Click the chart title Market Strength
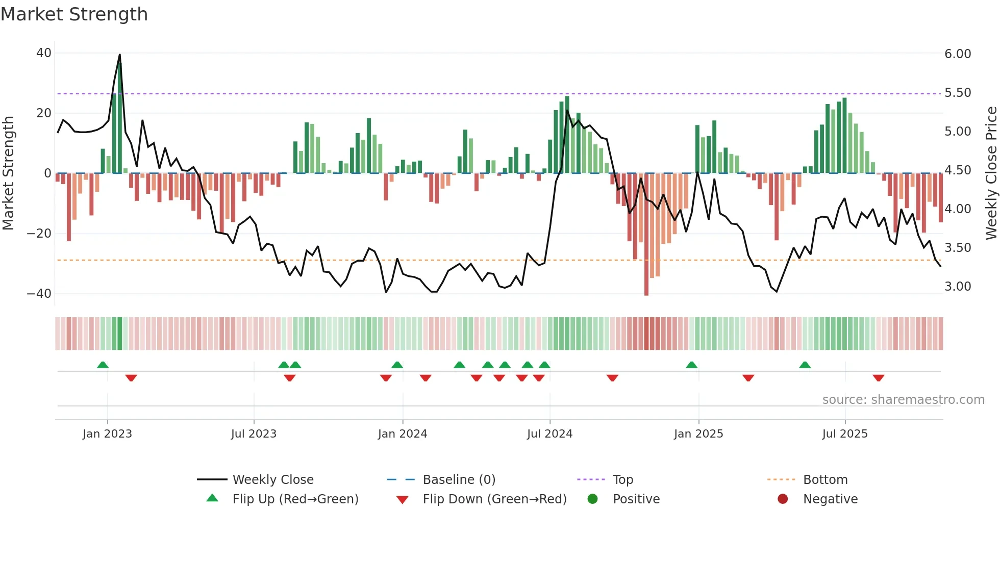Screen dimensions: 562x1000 74,14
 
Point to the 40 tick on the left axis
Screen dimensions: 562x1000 44,53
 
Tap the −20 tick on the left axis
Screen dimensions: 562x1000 39,234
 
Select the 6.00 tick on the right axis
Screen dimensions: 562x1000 958,54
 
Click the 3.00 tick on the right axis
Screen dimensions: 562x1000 958,287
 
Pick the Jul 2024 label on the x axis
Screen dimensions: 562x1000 549,434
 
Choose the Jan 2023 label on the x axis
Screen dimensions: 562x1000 107,434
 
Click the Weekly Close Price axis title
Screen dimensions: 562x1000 991,173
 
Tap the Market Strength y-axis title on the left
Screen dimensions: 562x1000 9,173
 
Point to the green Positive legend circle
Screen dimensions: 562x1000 592,499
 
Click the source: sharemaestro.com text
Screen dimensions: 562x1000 903,400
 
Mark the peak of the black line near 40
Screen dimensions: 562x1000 120,55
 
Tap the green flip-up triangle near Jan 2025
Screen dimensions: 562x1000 691,365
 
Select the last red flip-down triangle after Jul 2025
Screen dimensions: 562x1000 878,378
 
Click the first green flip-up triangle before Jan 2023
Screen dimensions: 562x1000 103,365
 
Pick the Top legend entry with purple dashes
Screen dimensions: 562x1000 622,480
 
